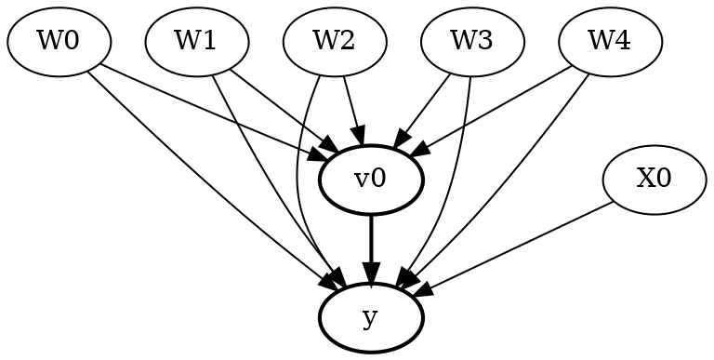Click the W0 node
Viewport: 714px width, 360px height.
click(58, 42)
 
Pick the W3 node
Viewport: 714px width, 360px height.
click(472, 42)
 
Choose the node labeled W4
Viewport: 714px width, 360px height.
click(610, 42)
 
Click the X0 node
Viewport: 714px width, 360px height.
click(654, 180)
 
